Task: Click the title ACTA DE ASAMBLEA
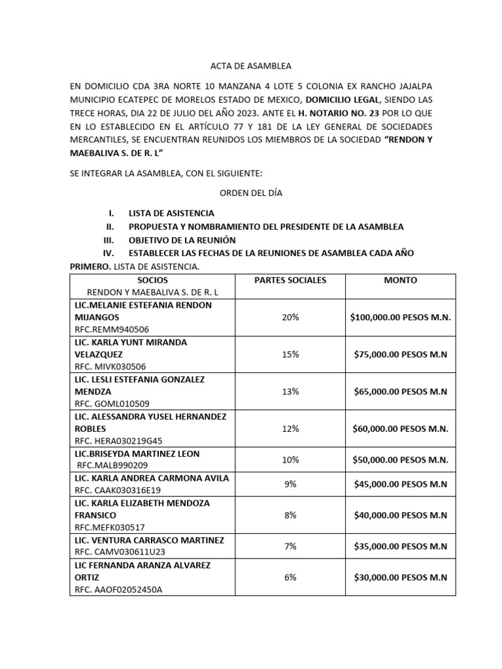[x=250, y=67]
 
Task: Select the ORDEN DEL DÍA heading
[x=250, y=193]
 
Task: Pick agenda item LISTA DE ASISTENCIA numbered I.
[x=171, y=214]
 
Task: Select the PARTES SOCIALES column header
[x=290, y=280]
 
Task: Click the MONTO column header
[x=400, y=280]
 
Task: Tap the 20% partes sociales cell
[x=290, y=317]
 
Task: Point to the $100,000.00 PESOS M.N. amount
[x=401, y=317]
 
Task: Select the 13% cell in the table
[x=290, y=391]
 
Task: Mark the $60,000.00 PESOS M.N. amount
[x=401, y=429]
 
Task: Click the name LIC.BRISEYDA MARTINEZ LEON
[x=138, y=453]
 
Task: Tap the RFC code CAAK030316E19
[x=118, y=490]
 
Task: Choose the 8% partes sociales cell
[x=290, y=515]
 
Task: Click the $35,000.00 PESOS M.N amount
[x=400, y=546]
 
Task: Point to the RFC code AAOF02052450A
[x=118, y=589]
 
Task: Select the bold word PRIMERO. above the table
[x=91, y=267]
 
